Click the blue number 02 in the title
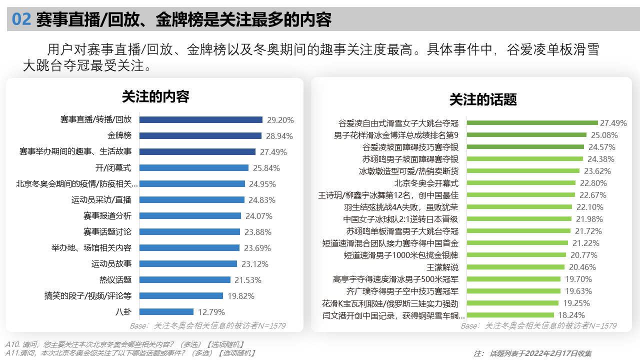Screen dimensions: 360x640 pyautogui.click(x=22, y=19)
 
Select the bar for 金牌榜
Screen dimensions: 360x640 pyautogui.click(x=200, y=136)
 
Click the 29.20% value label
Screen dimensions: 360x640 pyautogui.click(x=280, y=120)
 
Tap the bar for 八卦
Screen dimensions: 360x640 pyautogui.click(x=166, y=312)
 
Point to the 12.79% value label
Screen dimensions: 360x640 pyautogui.click(x=211, y=312)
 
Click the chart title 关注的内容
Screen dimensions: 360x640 pyautogui.click(x=155, y=96)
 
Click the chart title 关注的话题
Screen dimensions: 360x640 pyautogui.click(x=482, y=99)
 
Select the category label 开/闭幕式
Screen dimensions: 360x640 pyautogui.click(x=113, y=168)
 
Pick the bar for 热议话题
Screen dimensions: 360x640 pyautogui.click(x=184, y=280)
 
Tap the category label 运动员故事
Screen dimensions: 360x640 pyautogui.click(x=111, y=264)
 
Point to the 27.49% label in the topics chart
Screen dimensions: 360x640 pyautogui.click(x=613, y=123)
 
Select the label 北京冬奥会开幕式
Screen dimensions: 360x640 pyautogui.click(x=426, y=183)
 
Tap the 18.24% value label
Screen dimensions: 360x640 pyautogui.click(x=571, y=315)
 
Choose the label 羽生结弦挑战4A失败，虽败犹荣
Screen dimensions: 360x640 pyautogui.click(x=401, y=207)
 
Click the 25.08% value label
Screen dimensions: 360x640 pyautogui.click(x=604, y=135)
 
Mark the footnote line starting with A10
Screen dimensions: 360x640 pyautogui.click(x=124, y=344)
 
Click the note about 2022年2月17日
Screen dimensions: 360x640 pyautogui.click(x=532, y=353)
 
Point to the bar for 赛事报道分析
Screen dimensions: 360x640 pyautogui.click(x=190, y=216)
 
